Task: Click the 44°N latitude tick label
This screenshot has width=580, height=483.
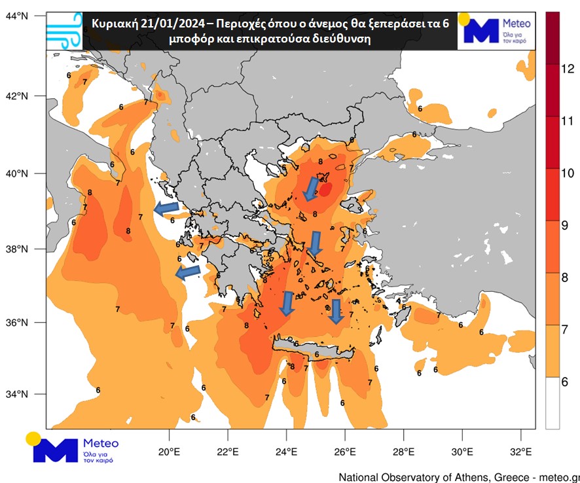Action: [x=18, y=14]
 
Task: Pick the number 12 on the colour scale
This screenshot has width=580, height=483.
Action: [x=568, y=68]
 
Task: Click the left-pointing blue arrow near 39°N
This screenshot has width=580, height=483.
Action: [x=167, y=208]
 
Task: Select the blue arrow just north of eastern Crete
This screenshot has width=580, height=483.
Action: [x=336, y=311]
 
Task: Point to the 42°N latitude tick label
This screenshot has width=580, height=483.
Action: [x=18, y=96]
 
